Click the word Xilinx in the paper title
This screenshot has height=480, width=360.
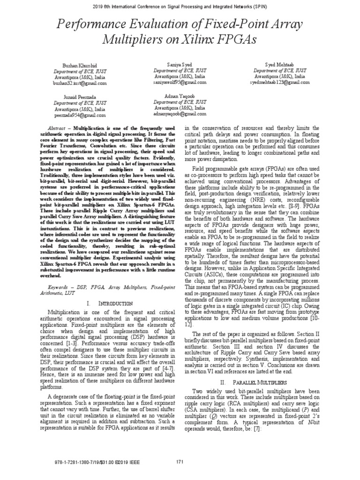(212, 39)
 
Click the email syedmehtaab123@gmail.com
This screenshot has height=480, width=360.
(280, 82)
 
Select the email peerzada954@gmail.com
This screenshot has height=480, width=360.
(80, 115)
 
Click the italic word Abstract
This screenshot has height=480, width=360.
(58, 128)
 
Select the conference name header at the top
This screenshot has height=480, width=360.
(180, 7)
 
